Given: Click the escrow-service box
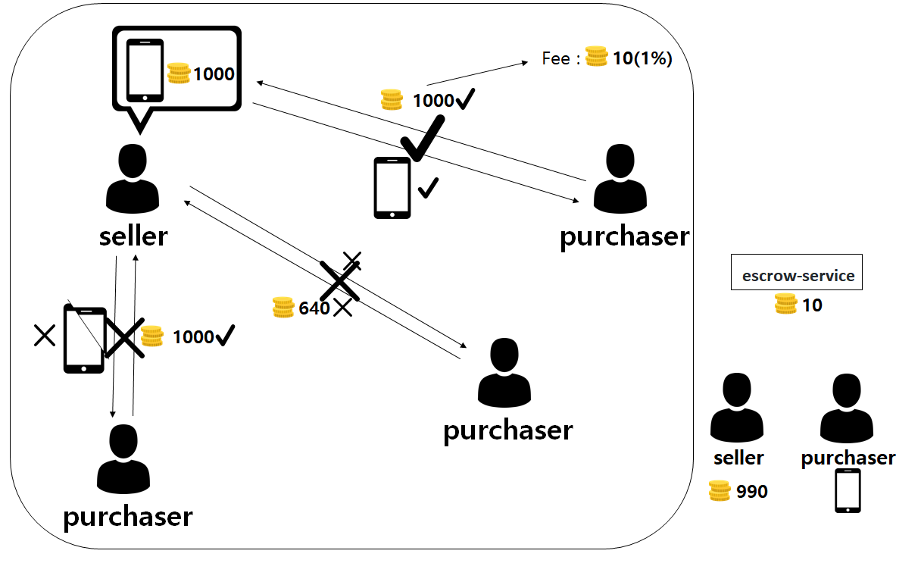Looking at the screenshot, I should click(x=797, y=272).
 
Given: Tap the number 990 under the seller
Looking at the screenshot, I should click(x=751, y=492).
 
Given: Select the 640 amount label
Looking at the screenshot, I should click(x=314, y=308).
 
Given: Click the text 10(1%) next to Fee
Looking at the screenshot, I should click(x=642, y=58).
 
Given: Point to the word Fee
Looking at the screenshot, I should click(x=556, y=58).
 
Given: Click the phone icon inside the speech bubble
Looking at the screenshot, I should click(x=145, y=70).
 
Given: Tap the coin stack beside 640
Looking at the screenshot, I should click(x=283, y=308).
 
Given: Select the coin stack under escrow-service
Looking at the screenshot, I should click(x=785, y=305).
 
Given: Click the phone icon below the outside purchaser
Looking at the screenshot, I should click(x=848, y=491).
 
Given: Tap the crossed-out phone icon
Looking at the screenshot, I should click(x=83, y=340).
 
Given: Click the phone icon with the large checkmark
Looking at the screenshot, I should click(x=392, y=188).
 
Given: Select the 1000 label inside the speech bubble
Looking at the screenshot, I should click(x=214, y=74).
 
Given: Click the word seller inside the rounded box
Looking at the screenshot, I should click(x=133, y=236).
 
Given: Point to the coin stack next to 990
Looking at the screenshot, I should click(x=719, y=491).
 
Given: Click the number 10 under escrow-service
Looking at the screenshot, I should click(x=812, y=305).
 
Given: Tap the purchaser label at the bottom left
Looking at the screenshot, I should click(x=127, y=516).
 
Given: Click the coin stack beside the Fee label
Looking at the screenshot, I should click(x=596, y=57).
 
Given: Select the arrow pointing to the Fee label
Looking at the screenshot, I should click(x=477, y=74).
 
